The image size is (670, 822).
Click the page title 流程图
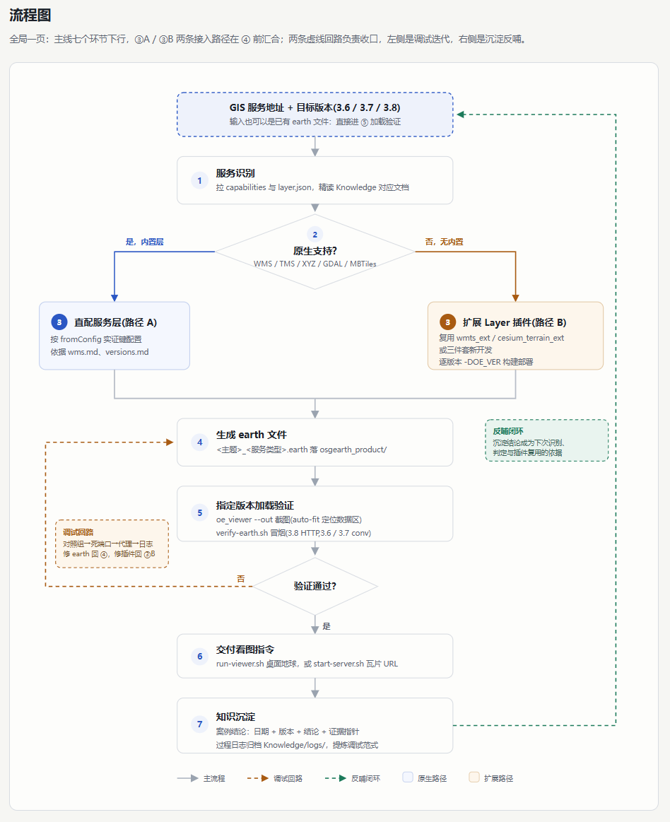coord(30,16)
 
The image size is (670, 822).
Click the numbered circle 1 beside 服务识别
coord(199,180)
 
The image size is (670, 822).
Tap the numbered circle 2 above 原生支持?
coord(315,235)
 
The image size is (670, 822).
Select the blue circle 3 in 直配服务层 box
coord(59,322)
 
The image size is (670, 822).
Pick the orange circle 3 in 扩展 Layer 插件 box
coord(447,322)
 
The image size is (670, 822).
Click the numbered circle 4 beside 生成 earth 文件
coord(199,442)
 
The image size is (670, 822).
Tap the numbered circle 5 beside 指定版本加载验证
coord(199,512)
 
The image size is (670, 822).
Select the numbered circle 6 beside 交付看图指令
coord(199,656)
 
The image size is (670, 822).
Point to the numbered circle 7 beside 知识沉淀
coord(199,724)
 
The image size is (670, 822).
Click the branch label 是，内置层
coord(145,242)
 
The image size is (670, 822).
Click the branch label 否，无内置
coord(444,242)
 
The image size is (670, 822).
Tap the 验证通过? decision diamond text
coord(315,585)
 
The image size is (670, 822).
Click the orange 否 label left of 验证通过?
coord(240,579)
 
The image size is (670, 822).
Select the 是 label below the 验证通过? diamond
coord(327,626)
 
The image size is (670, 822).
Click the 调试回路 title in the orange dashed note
coord(78,532)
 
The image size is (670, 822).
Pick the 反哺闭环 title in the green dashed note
coord(508,431)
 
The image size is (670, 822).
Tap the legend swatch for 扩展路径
coord(474,777)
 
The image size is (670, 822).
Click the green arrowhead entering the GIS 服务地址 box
coord(460,115)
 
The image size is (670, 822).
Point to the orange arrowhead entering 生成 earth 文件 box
coord(170,442)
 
